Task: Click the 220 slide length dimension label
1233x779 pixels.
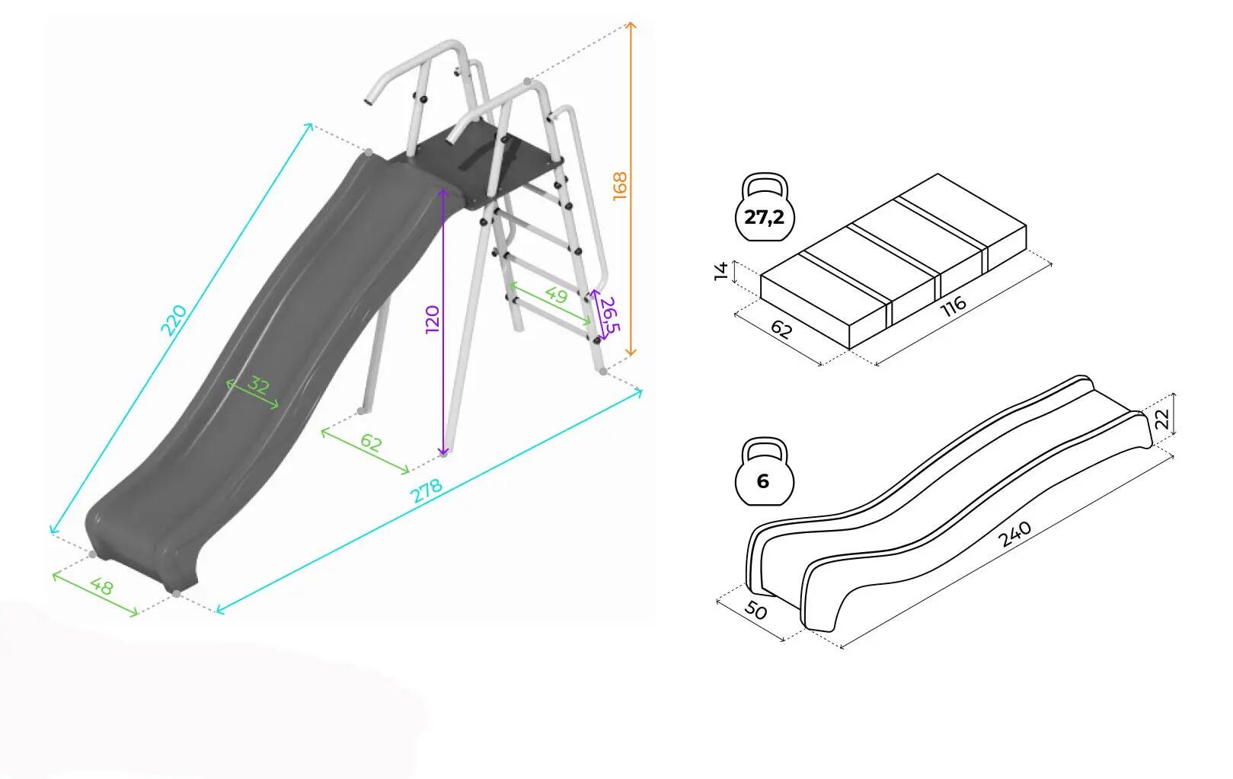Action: click(x=174, y=320)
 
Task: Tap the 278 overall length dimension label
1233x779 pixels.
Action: click(x=427, y=490)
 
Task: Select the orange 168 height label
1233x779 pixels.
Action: click(x=620, y=186)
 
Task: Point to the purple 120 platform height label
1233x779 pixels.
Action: click(x=433, y=319)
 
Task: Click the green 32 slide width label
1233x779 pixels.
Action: click(x=257, y=385)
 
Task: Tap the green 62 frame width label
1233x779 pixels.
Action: click(x=371, y=442)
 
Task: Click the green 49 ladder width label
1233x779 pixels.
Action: click(x=556, y=295)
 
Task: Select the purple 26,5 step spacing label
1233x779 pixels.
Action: click(x=609, y=314)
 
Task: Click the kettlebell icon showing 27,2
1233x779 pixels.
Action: click(x=765, y=208)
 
